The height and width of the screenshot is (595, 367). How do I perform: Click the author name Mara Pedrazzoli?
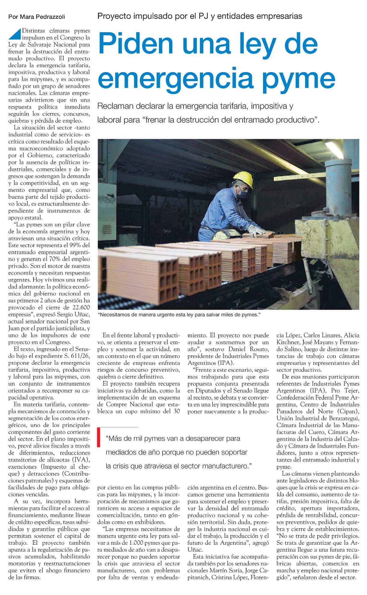[x=42, y=17]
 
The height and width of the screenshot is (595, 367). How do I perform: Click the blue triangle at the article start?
[x=14, y=34]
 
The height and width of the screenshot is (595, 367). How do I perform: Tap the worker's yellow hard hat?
[x=243, y=178]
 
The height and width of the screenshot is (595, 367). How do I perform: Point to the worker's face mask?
[x=243, y=193]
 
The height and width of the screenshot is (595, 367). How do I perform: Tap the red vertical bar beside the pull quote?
[x=99, y=438]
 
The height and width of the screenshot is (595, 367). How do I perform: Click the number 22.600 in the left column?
[x=81, y=307]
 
